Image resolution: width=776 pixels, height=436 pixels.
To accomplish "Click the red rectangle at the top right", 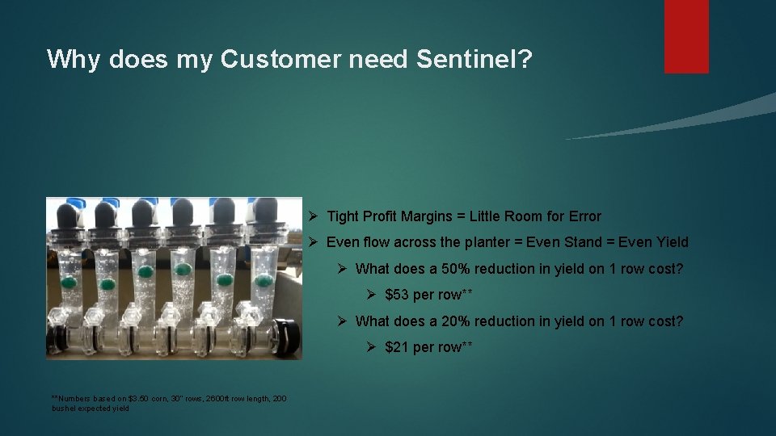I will [x=686, y=36].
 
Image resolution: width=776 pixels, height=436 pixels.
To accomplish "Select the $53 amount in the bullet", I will [x=397, y=295].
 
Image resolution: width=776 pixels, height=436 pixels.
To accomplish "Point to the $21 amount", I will [x=397, y=347].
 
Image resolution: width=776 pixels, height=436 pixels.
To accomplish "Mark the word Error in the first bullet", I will [x=583, y=216].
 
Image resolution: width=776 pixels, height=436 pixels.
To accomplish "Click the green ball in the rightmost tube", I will [x=264, y=281].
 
